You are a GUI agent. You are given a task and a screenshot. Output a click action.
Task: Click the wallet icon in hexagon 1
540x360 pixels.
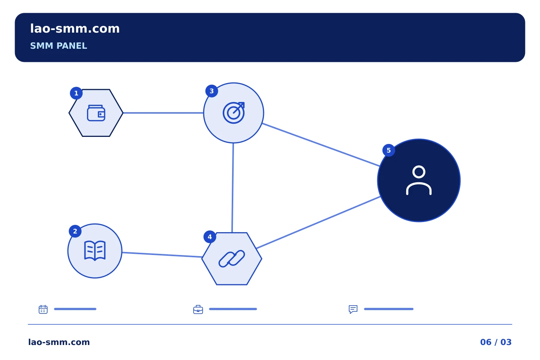coord(96,113)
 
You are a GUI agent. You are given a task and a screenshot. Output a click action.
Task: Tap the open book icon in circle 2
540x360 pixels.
coord(95,250)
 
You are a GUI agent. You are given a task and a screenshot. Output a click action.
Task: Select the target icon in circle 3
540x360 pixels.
coord(234,112)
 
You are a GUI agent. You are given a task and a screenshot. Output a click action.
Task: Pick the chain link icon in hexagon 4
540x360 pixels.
coord(232,258)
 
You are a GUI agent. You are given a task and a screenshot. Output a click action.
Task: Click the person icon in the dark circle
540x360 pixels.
coord(419,180)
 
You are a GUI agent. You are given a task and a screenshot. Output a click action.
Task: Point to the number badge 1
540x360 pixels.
coord(76,93)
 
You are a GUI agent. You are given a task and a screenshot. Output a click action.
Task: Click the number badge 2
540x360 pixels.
coord(75,231)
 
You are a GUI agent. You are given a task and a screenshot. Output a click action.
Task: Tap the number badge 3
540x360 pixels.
coord(211,91)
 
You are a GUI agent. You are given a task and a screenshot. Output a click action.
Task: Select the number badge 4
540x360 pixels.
coord(210,237)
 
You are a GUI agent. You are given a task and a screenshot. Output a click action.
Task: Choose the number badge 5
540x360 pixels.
coord(388,150)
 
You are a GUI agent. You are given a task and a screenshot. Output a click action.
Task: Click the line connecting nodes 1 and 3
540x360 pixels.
coord(163,112)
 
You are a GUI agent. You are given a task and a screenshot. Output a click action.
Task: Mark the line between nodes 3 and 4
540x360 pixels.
coord(232,187)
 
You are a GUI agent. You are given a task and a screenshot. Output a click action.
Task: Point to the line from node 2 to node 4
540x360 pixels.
coord(162,255)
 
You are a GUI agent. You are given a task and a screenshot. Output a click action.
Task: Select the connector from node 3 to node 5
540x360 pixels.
coord(321,145)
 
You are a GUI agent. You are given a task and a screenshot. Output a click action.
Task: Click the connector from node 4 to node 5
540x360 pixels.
coord(318,222)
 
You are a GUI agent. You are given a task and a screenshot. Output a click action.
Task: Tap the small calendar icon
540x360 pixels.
coord(43,309)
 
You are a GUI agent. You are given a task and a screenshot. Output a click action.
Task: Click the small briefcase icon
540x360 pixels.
coord(198,309)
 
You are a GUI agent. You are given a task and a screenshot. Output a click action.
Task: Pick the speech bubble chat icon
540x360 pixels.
coord(353,309)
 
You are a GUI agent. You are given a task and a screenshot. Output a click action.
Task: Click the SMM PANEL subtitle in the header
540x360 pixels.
coord(58,46)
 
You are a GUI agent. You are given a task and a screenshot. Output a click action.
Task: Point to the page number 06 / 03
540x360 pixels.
coord(496,342)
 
